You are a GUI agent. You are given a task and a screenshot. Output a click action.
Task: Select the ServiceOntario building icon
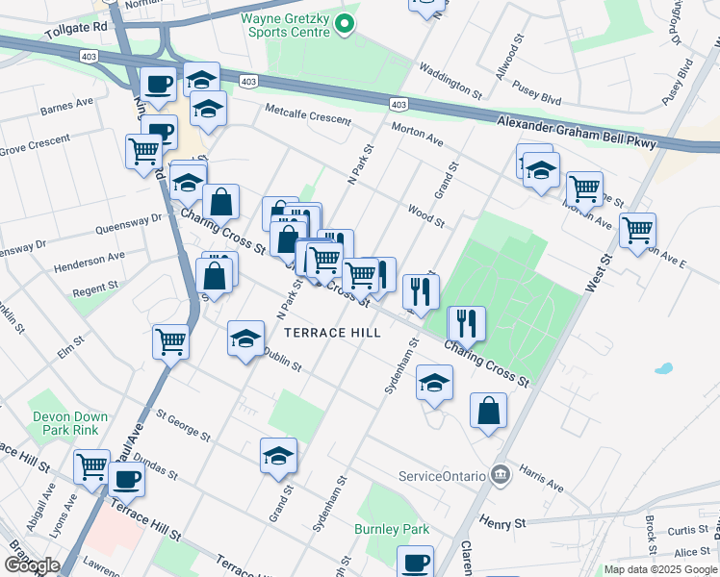click(x=500, y=474)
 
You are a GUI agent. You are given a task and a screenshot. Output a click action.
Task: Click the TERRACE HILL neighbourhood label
click(x=332, y=333)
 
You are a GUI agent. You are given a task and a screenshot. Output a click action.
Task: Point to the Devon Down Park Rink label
click(x=69, y=423)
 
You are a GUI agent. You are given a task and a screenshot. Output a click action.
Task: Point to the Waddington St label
click(x=450, y=81)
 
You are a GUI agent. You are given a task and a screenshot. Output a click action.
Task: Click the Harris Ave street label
click(x=540, y=477)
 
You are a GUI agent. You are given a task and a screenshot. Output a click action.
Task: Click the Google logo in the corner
click(x=32, y=565)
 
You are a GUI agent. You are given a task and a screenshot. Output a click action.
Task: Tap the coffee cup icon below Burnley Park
click(x=415, y=562)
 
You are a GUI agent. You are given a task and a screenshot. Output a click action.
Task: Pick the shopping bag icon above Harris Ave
click(x=488, y=410)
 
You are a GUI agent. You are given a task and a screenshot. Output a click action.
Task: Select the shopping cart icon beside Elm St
click(x=170, y=341)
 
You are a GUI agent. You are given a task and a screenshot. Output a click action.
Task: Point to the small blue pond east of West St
click(x=662, y=368)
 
